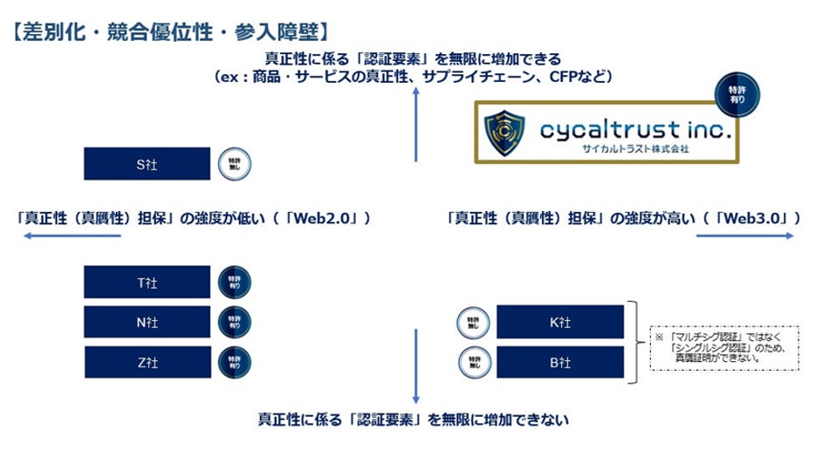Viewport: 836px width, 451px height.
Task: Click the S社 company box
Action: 147,163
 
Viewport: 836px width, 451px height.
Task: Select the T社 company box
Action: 147,282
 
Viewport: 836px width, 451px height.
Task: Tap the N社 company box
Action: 147,322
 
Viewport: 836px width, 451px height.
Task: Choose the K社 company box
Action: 559,322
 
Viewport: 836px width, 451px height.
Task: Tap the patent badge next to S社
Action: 234,163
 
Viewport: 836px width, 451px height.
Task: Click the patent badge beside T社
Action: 234,282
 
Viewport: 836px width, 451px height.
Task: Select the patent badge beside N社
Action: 234,322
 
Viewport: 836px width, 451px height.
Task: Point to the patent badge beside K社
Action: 472,322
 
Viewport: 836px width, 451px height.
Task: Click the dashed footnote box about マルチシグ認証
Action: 723,347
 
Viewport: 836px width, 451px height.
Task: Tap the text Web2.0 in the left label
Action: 332,217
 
